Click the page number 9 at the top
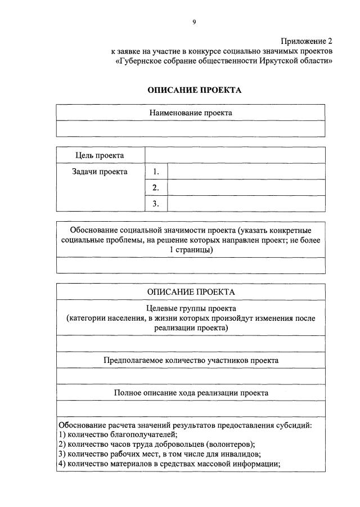(x=194, y=22)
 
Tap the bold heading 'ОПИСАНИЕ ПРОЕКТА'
(x=195, y=90)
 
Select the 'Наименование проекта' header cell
(x=191, y=113)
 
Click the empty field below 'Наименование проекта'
(x=191, y=129)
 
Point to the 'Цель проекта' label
(x=100, y=155)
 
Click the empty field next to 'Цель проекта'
(x=235, y=155)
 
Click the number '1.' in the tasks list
(x=156, y=172)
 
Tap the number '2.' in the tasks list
(x=156, y=187)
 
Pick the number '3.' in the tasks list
(x=156, y=204)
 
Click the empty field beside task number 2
(x=246, y=187)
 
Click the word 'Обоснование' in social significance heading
(x=92, y=230)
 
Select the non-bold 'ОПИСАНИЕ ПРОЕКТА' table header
(x=191, y=292)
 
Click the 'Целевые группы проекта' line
(x=191, y=308)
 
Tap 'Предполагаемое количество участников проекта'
(x=191, y=360)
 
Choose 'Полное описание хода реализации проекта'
(x=191, y=393)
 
